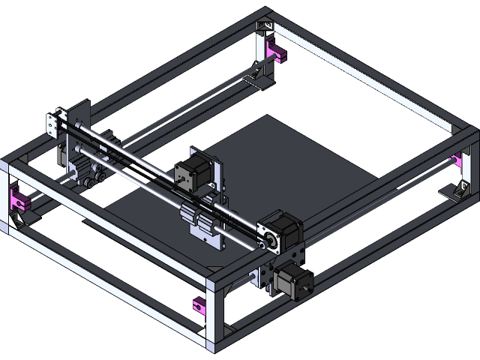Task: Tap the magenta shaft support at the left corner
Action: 17,199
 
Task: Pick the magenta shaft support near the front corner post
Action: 199,304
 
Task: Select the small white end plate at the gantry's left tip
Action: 52,124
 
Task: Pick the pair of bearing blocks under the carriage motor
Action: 196,218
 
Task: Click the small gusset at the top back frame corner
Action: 265,26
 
